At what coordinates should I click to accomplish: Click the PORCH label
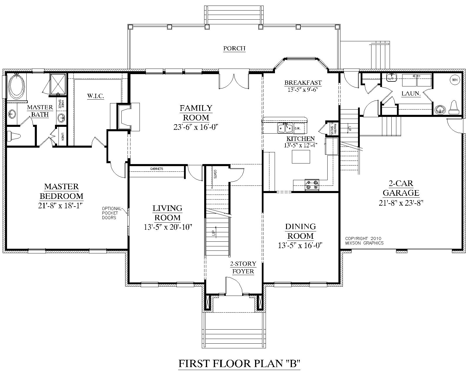pos(234,48)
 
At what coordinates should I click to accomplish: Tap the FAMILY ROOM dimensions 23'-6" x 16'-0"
pos(196,127)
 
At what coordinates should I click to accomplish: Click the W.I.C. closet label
pos(95,96)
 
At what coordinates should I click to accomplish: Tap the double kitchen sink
pos(285,128)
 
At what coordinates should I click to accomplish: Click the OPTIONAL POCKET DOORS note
pos(111,213)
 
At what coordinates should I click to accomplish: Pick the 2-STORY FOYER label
pos(243,267)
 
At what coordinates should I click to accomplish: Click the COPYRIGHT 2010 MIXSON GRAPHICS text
pos(364,241)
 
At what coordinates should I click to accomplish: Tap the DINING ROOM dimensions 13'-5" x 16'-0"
pos(300,245)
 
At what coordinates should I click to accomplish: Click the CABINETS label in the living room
pos(157,169)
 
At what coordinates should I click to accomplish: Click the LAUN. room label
pos(411,94)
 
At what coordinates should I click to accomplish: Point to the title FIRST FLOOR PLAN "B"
pos(240,364)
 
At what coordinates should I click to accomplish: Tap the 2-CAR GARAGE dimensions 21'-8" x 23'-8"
pos(401,203)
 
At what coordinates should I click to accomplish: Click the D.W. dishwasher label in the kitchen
pos(298,128)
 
